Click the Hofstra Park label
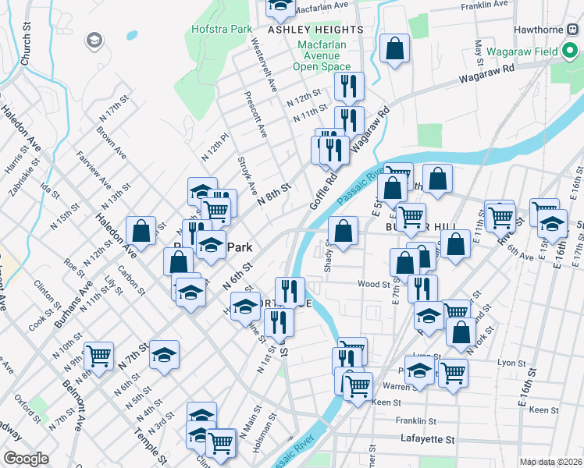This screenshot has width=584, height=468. (222, 30)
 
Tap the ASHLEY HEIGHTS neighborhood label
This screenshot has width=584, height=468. (315, 30)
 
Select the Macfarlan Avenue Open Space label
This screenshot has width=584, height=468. (322, 55)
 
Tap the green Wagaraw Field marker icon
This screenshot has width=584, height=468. (572, 52)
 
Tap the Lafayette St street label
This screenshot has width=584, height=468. (427, 439)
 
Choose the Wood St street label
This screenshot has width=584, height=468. (374, 285)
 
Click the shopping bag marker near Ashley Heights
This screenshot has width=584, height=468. (396, 48)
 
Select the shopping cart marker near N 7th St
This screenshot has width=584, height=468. (99, 356)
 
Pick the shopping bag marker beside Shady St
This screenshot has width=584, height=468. (343, 230)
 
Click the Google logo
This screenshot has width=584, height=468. (27, 459)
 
